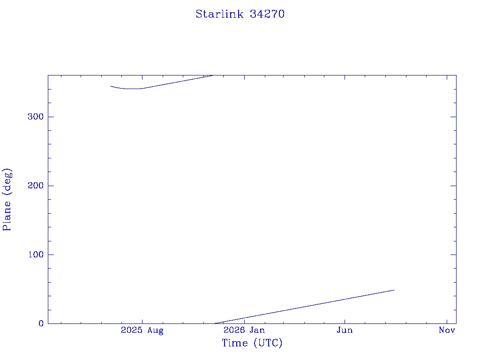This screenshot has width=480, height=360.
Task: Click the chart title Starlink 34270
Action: point(240,14)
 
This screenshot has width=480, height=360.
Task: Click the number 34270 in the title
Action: point(267,14)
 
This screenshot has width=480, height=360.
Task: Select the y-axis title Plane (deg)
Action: point(7,199)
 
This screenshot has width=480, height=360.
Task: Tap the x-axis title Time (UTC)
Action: point(252,343)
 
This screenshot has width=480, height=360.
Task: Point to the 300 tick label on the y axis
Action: point(36,117)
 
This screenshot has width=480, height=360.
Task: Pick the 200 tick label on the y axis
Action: point(36,186)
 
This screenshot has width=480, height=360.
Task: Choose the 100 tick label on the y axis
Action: point(36,255)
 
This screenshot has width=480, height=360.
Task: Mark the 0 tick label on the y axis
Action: point(41,323)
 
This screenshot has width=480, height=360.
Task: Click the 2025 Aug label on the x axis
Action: point(142,330)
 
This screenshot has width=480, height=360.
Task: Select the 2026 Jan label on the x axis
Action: point(244,330)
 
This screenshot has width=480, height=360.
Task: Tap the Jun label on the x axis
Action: point(345,330)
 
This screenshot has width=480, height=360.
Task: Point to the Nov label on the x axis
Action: point(447,330)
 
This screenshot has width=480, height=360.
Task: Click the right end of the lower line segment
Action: point(394,290)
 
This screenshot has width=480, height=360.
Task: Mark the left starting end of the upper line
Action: point(111,86)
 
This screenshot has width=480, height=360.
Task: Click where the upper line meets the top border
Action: point(213,75)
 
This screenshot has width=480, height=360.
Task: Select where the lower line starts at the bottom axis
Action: point(215,323)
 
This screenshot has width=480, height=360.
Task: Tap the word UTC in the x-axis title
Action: point(268,343)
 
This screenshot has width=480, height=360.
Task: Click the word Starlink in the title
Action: point(219,14)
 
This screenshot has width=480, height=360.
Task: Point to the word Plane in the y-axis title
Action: point(7,216)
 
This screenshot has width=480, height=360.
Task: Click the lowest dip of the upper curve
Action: point(132,89)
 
